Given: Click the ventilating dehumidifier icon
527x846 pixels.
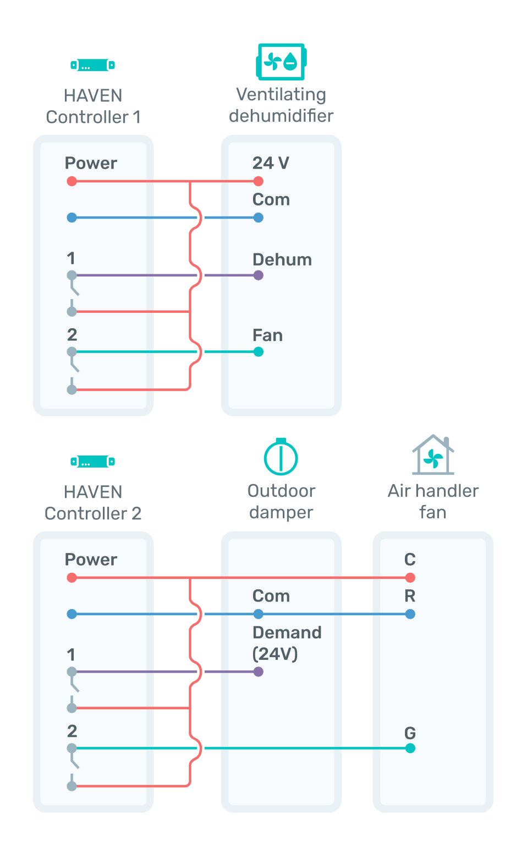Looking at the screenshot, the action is coord(281,62).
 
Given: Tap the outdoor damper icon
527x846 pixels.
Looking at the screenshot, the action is coord(281,457).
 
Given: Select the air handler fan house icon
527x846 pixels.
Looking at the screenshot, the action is coord(433,454).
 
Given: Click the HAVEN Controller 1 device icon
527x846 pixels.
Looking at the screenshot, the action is coord(93,65).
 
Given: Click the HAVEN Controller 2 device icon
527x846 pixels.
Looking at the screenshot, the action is coord(93,461).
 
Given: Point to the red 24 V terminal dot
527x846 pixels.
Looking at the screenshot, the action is coord(259,181).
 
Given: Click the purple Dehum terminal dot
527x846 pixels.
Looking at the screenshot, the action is coord(259,275).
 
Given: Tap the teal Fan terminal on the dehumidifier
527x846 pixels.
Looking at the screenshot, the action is coord(259,352).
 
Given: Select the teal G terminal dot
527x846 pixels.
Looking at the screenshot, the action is coord(410,748).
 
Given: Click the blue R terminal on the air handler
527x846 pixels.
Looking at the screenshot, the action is coord(410,614).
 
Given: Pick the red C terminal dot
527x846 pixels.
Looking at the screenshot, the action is coord(410,577).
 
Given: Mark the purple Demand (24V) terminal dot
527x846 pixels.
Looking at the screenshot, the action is coord(259,671).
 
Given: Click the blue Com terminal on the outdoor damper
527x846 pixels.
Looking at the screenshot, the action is coord(259,614).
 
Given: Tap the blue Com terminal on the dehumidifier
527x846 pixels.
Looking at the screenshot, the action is coord(259,218).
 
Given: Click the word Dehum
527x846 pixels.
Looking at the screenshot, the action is coord(282,259).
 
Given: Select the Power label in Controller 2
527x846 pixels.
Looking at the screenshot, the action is coord(91,560).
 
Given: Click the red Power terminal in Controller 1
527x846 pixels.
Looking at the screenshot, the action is coord(72,181).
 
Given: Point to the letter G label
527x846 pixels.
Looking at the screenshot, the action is coord(410,733).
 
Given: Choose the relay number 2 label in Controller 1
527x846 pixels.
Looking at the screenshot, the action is coord(72,335).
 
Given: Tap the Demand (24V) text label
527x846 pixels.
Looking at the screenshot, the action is coord(287,643).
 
